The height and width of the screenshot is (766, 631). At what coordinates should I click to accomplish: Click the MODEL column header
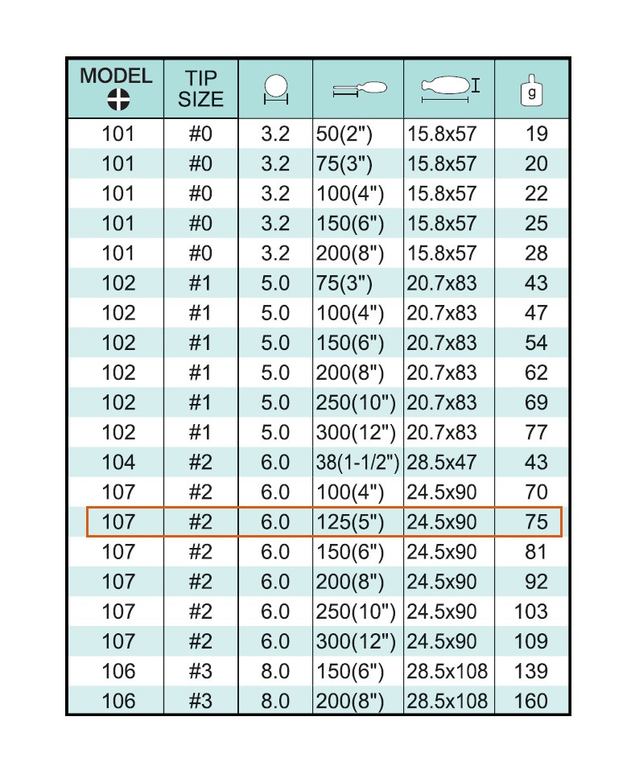point(116,77)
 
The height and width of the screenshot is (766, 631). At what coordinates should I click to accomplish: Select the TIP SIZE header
point(200,89)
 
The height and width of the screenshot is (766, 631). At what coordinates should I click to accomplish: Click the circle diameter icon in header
point(275,89)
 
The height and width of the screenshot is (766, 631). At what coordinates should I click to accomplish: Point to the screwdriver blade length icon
point(359,89)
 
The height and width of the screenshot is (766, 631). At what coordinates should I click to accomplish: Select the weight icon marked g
point(531,89)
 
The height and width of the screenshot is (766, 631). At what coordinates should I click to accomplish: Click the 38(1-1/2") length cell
point(357,463)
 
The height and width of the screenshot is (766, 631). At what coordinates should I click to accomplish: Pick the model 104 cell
point(118,463)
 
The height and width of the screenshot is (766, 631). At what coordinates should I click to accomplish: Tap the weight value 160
point(530,701)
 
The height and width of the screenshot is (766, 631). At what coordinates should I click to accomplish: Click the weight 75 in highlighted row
point(536,522)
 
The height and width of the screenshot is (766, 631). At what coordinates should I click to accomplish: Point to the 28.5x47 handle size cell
point(441,463)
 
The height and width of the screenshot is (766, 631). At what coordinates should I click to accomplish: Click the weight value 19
point(536,134)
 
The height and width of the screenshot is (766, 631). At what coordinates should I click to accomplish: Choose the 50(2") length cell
point(344,134)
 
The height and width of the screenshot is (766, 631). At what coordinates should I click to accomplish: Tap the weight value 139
point(530,671)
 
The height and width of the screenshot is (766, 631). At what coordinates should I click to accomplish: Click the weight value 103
point(530,612)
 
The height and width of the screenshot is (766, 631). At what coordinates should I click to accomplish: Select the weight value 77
point(536,433)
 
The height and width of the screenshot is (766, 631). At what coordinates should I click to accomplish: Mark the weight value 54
point(536,344)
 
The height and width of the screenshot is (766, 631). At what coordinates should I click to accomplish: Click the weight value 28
point(536,253)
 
